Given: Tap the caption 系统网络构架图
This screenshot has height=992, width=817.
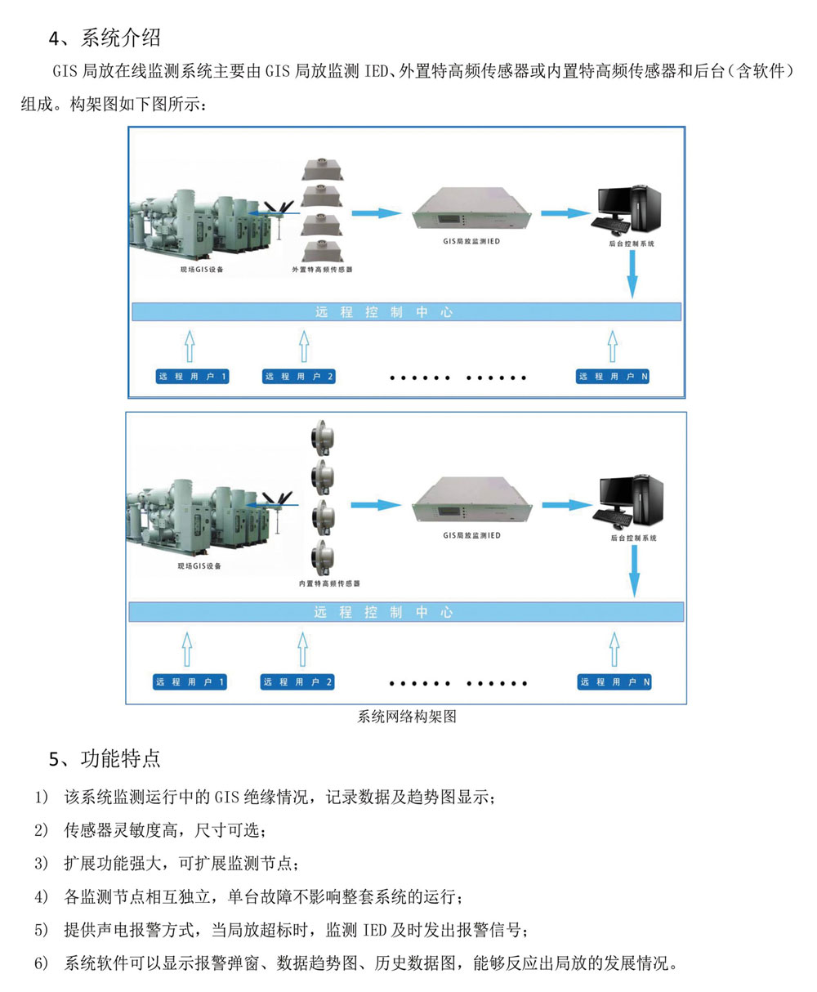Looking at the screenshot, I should [406, 717].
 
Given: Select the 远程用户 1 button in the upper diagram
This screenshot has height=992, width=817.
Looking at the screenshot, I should [192, 377].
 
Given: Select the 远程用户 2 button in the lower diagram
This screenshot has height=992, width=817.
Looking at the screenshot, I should [297, 681].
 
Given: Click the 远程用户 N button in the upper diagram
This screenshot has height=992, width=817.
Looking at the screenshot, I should [613, 377].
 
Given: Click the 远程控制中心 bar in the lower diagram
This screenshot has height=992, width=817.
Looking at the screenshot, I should [406, 612].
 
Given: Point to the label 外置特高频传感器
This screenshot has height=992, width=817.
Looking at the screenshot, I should [322, 269].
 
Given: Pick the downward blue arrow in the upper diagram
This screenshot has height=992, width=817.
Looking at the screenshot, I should [632, 281].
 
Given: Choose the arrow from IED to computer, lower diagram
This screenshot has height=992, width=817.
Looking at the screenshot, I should [565, 505].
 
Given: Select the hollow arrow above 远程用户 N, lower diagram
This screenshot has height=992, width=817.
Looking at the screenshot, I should [613, 650].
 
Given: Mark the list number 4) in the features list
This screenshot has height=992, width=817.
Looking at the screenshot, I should [42, 896].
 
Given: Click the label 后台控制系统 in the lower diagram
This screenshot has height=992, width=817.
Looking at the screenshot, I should [633, 538].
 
